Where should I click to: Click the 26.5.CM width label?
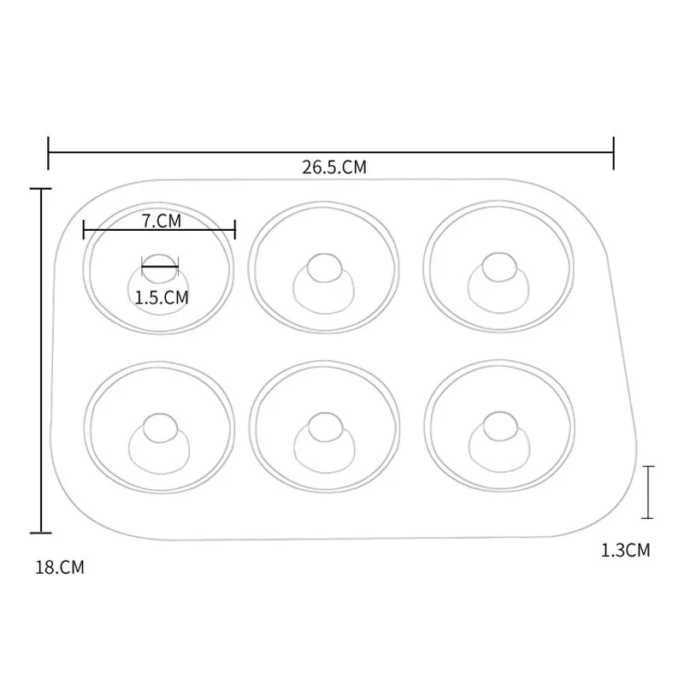coord(333,168)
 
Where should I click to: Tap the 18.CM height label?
coord(60,567)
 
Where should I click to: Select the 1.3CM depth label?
coord(626,551)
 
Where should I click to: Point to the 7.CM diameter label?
coord(162,221)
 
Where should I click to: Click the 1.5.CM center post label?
coord(162,298)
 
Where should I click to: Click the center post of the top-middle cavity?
coord(322,268)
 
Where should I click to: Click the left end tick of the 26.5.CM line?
coord(49,152)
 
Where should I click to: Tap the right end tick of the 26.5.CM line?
coord(614,152)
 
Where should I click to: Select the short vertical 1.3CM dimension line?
coord(649,492)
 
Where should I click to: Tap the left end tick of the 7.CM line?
coord(84,229)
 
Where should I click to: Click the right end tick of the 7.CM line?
coord(235,229)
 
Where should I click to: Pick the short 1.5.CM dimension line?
coord(160,268)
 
